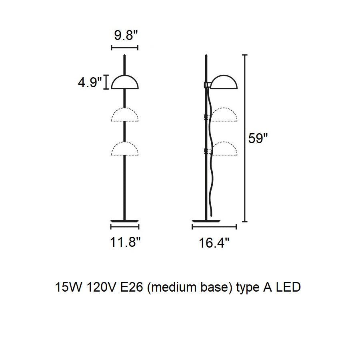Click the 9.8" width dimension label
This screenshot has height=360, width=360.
[x=126, y=35]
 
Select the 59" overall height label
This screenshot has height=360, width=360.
[x=258, y=138]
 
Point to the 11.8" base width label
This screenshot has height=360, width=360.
[x=125, y=242]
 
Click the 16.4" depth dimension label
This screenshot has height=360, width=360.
[x=214, y=243]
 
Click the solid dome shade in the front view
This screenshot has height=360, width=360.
[x=125, y=76]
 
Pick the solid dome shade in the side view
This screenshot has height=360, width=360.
[x=224, y=76]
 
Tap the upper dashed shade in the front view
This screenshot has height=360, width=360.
[x=125, y=108]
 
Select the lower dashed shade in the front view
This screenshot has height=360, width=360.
[x=125, y=142]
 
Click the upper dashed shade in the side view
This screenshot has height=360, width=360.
[x=224, y=108]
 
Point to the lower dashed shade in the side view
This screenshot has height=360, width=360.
[x=224, y=142]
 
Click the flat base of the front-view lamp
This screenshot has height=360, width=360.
[x=125, y=221]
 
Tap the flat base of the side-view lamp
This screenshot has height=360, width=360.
[x=206, y=221]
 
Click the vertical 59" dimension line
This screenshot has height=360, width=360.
[x=245, y=138]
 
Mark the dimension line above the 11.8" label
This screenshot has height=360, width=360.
[x=125, y=227]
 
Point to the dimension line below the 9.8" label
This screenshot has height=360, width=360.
[x=125, y=48]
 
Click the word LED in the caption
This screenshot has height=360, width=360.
[x=288, y=287]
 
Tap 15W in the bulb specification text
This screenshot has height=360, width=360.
[x=68, y=287]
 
